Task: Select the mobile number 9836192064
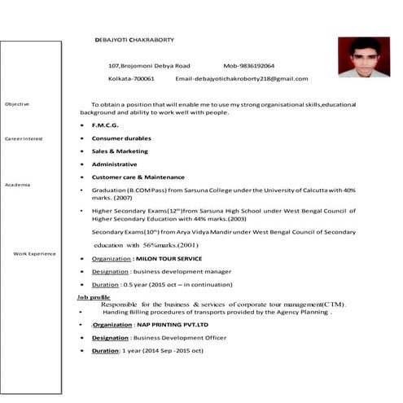pos(248,65)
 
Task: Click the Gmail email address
pos(242,79)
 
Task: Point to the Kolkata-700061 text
pos(131,79)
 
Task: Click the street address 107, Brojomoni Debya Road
pos(149,65)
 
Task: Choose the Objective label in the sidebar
pos(17,104)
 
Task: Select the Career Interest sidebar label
pos(24,139)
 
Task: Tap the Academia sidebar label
pos(18,186)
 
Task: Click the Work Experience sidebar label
pos(35,254)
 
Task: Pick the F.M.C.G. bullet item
pos(105,125)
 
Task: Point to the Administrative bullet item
pos(114,164)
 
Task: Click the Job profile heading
pos(94,297)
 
